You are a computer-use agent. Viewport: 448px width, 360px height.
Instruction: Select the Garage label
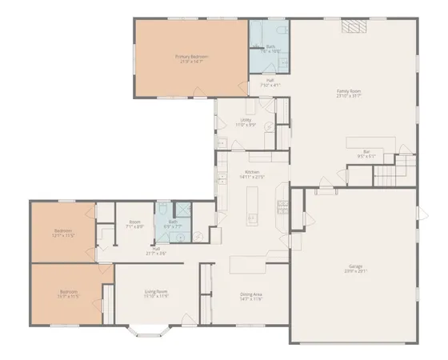(x=354, y=268)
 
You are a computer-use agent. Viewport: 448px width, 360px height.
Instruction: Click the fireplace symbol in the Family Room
(x=353, y=26)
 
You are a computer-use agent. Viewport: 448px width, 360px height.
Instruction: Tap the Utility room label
(x=245, y=122)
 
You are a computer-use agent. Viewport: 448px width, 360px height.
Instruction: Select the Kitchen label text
(x=253, y=174)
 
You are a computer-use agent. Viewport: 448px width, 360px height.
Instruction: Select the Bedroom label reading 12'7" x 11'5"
(x=63, y=234)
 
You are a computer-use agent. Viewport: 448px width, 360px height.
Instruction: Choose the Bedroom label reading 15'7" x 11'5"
(x=69, y=294)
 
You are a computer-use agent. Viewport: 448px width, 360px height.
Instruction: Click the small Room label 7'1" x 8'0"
(x=135, y=224)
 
